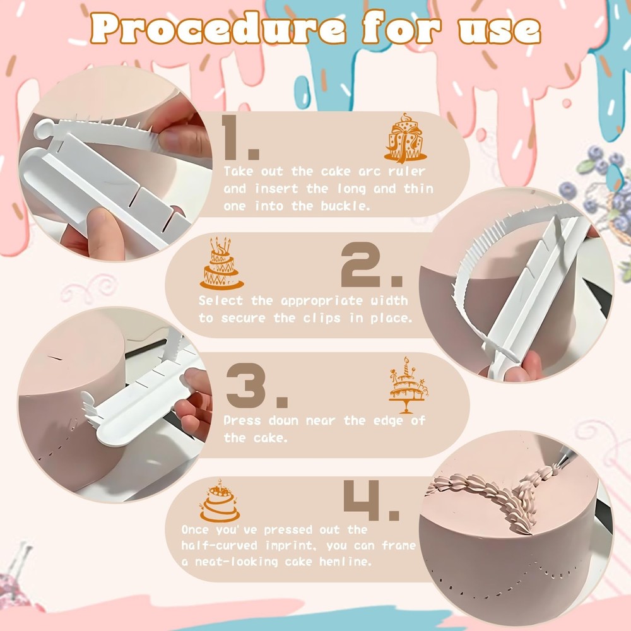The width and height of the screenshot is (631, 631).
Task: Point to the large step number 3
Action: coord(256,387)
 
